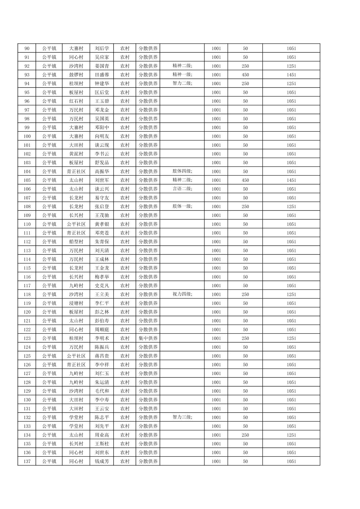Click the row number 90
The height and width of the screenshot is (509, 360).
[x=27, y=49]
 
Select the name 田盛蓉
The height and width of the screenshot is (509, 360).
[x=102, y=75]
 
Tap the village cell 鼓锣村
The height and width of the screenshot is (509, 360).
[x=76, y=75]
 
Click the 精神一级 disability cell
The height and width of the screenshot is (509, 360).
[x=182, y=75]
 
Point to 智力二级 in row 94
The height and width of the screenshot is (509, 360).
[x=182, y=83]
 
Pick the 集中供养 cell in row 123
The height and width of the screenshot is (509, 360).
[x=148, y=338]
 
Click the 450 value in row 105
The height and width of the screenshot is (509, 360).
[x=245, y=180]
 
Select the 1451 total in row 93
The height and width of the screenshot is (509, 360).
[x=291, y=75]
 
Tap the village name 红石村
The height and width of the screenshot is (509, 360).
[x=76, y=101]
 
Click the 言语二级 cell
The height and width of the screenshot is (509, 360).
[x=182, y=189]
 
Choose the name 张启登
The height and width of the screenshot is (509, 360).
[x=102, y=206]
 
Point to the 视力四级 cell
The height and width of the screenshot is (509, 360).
[x=182, y=294]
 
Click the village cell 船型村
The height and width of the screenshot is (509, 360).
[x=76, y=242]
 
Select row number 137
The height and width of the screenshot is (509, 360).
[x=27, y=461]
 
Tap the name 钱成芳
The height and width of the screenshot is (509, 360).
[x=102, y=461]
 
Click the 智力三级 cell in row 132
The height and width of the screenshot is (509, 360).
[x=182, y=417]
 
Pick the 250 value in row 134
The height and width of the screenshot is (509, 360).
[x=245, y=435]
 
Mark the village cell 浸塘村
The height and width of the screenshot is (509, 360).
[x=76, y=303]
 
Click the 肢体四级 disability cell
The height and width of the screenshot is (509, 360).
[x=182, y=171]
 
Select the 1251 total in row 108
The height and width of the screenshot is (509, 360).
[x=291, y=206]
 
